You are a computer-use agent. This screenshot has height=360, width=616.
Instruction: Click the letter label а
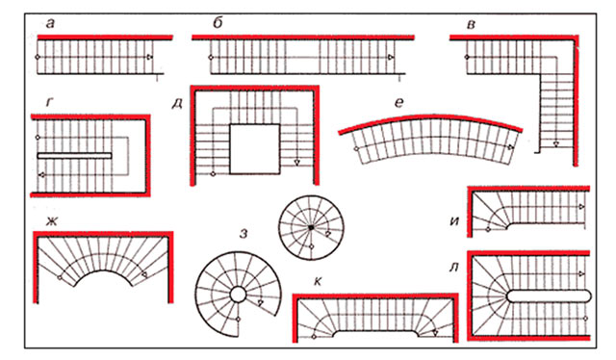pos(50,24)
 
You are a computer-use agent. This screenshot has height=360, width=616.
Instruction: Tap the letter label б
pos(218,23)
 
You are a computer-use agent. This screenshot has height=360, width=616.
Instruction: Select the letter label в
pos(471,25)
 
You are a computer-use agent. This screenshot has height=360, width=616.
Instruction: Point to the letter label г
pos(49,103)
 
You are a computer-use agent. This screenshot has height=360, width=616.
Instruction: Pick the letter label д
pos(177,104)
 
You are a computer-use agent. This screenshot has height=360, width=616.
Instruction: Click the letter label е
pos(398,103)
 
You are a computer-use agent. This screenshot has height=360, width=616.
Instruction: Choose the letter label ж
pos(51,221)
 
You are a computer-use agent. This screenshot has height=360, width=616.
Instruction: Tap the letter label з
pos(244,234)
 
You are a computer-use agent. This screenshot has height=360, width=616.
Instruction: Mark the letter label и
pos(454,220)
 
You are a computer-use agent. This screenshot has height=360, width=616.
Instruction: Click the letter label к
pos(318,281)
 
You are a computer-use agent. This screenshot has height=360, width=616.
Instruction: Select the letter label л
pos(453,268)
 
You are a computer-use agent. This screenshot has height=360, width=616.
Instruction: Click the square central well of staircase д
pos(255,149)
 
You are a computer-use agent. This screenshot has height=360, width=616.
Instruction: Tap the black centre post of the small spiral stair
pos(311,227)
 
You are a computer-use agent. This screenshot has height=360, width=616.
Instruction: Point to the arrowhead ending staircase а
pos(150,57)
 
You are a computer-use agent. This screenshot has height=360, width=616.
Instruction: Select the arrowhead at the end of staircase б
pos(391,58)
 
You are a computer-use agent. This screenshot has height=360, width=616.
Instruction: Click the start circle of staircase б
pos(211,58)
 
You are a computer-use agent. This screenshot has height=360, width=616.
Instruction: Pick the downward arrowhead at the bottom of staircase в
pos(556,143)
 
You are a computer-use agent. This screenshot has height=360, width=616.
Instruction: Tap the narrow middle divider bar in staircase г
pos(74,156)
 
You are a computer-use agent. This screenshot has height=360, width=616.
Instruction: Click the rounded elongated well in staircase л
pos(549,296)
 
